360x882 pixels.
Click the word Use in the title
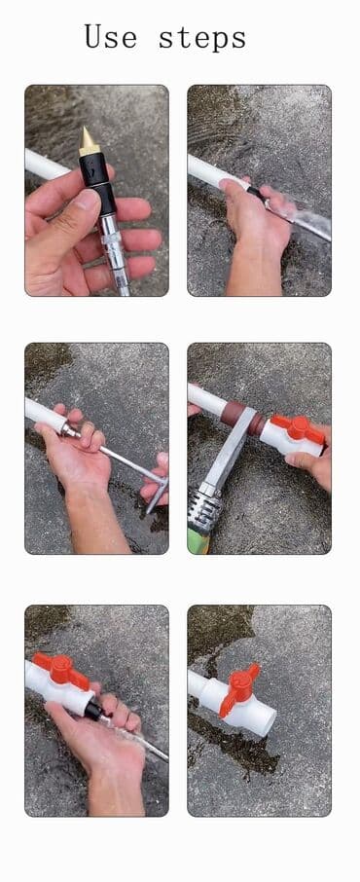coord(110,38)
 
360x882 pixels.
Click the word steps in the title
coord(202,38)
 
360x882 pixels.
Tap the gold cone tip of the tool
coord(90,140)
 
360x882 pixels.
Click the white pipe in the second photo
coord(217,169)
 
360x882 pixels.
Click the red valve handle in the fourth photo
coord(297,427)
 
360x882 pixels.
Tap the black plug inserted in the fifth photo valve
coord(93,710)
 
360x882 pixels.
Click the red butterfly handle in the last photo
coord(239,688)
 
